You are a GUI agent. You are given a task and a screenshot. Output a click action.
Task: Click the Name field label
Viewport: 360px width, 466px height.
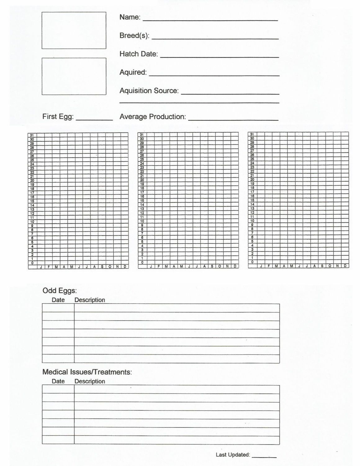click(129, 17)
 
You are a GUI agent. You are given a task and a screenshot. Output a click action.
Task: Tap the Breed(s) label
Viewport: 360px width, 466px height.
click(134, 36)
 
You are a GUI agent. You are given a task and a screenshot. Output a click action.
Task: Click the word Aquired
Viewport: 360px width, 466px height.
click(133, 72)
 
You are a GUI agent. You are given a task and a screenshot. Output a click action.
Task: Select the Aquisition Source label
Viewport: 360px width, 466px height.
click(149, 91)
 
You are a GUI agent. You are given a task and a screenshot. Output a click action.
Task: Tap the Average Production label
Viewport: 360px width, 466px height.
click(152, 117)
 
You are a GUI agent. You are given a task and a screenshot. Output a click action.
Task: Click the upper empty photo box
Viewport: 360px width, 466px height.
click(74, 30)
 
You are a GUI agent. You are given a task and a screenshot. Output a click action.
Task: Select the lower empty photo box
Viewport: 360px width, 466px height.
click(74, 76)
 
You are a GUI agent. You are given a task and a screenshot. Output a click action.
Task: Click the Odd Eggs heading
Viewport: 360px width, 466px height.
click(59, 291)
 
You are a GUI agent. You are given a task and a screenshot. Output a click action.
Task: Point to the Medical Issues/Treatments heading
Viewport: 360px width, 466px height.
click(87, 372)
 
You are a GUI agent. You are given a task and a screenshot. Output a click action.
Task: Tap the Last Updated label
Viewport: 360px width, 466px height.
click(232, 455)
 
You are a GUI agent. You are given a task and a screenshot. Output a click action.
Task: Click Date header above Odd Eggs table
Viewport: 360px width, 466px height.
click(58, 300)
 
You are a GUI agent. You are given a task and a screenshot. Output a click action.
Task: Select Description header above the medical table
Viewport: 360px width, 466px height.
click(90, 381)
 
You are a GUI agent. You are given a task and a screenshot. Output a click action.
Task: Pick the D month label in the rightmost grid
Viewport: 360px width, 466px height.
click(345, 266)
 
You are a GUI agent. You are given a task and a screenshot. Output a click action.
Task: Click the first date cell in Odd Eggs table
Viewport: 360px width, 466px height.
click(58, 308)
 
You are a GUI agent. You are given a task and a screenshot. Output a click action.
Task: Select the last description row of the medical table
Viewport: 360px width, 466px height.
click(177, 440)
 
